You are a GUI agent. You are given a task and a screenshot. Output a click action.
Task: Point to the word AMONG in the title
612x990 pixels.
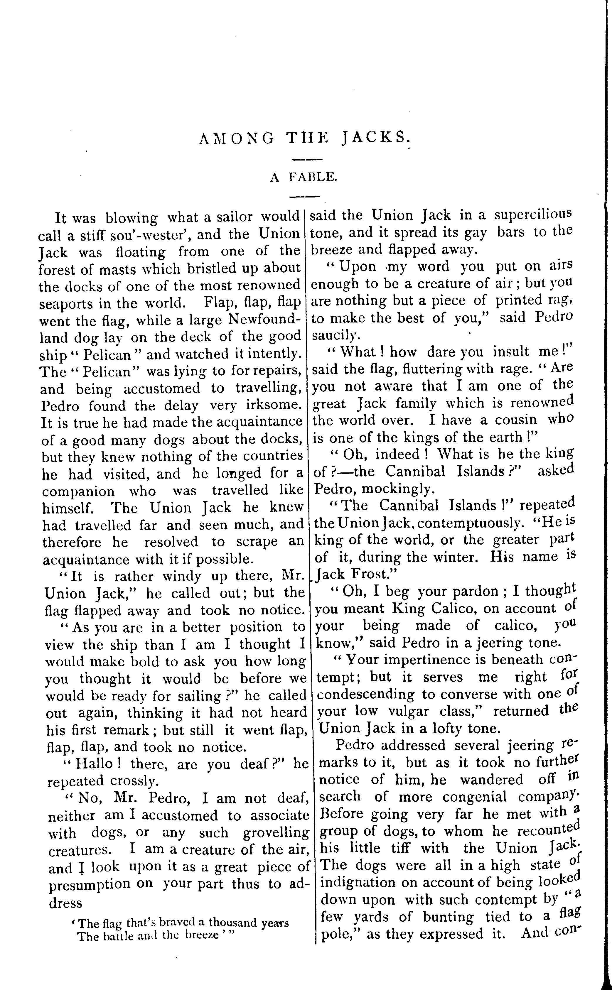click(237, 139)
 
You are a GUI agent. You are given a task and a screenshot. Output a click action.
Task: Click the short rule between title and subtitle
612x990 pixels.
click(307, 159)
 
